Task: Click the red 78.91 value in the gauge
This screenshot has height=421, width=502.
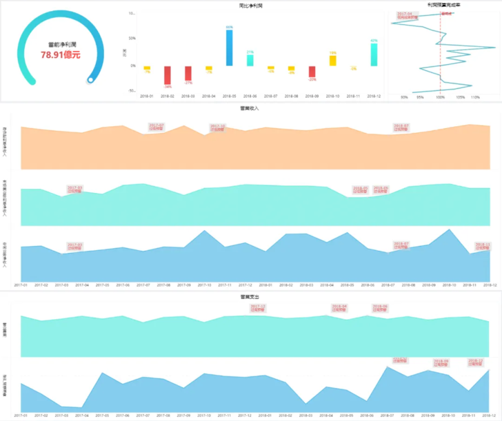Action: (x=60, y=54)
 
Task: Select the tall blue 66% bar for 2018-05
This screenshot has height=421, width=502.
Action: (x=229, y=48)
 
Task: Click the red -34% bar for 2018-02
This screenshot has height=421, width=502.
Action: (x=168, y=75)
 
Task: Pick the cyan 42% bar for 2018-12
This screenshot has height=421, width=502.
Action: (x=374, y=54)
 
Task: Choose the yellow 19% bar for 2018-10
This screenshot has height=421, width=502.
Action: (x=332, y=61)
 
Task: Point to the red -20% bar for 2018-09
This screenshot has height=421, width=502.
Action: (x=312, y=72)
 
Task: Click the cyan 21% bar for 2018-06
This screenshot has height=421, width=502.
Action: (x=250, y=60)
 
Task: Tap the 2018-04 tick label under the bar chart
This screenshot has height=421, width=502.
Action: (x=209, y=96)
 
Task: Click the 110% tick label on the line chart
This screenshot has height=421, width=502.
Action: (x=475, y=97)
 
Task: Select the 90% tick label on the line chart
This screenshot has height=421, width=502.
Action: (x=404, y=97)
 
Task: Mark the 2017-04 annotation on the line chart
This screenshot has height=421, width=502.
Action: (x=405, y=14)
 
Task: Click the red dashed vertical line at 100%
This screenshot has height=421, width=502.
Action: (x=440, y=55)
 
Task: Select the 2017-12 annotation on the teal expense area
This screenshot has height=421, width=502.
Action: (x=259, y=307)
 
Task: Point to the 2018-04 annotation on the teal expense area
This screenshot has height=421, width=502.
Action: (x=340, y=308)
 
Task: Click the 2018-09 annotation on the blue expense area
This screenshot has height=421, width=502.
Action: (x=441, y=362)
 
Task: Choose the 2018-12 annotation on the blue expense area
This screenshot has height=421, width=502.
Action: (x=476, y=362)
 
